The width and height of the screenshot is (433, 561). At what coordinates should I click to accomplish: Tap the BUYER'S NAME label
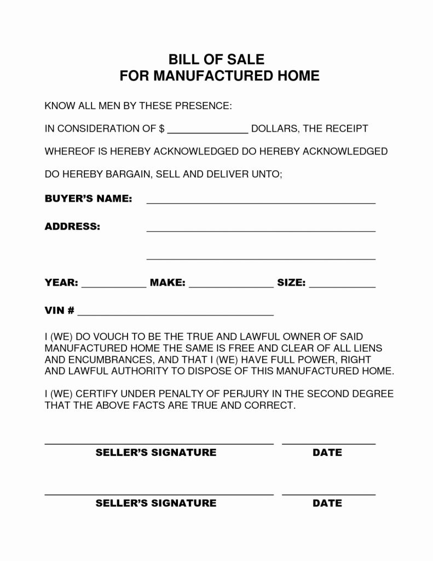coord(88,198)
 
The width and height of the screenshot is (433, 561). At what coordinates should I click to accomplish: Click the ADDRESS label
coord(72,226)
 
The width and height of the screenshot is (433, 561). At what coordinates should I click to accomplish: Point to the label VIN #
coord(59,311)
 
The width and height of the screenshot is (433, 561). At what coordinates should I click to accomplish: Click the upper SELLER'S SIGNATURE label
coord(156,453)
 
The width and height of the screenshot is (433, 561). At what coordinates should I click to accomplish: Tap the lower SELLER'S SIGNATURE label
coord(156,503)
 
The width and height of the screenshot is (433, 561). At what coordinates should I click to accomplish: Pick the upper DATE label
coord(327,453)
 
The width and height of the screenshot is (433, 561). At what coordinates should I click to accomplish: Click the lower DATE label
coord(327,503)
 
